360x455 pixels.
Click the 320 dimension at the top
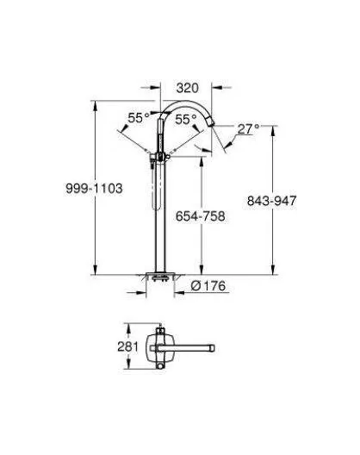point(188,88)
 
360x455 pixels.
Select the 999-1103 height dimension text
point(94,189)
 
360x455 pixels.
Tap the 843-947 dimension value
point(272,201)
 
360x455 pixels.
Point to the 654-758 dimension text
point(201,216)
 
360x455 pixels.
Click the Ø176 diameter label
point(208,286)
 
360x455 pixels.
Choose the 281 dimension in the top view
point(128,346)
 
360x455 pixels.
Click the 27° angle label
point(248,129)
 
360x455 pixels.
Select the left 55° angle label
point(139,118)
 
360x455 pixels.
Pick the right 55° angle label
point(186,119)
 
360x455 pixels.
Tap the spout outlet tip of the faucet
point(212,123)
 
